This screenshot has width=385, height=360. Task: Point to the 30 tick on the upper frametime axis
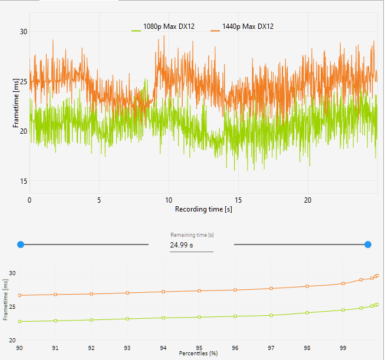(24, 32)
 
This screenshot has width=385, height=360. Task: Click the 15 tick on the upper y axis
(24, 181)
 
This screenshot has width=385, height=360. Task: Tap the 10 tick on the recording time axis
(169, 200)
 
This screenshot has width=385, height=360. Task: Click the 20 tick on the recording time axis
(308, 200)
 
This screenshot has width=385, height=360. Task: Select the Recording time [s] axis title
(203, 209)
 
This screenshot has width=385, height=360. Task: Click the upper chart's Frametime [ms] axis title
(16, 106)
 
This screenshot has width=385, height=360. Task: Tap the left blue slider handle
(21, 244)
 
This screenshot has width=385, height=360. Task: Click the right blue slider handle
(368, 244)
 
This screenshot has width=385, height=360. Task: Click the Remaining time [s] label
(192, 235)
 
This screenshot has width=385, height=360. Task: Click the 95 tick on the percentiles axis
(199, 347)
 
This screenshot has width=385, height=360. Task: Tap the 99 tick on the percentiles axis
(343, 347)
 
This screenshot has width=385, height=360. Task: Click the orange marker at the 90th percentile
(19, 295)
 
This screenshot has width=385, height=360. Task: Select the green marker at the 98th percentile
(307, 312)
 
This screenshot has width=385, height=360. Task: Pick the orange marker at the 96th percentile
(235, 290)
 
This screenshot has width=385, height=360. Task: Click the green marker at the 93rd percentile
(127, 319)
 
